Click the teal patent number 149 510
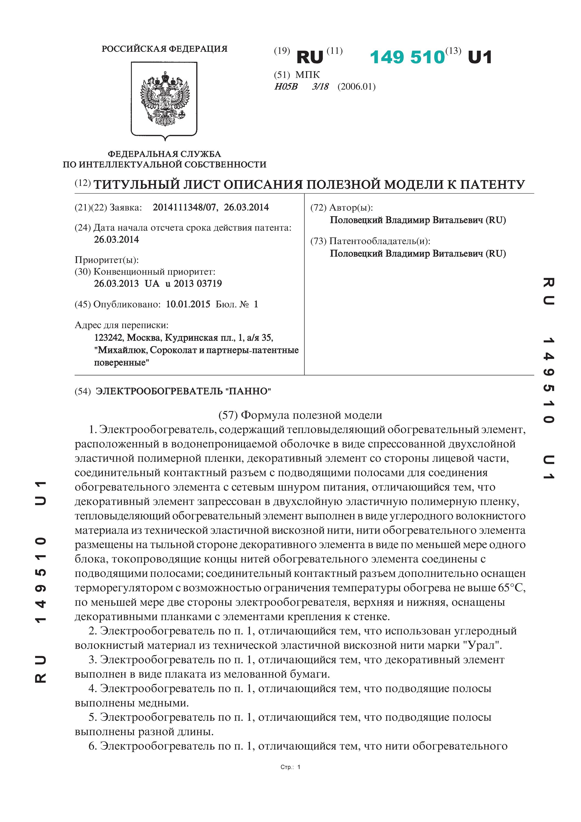(x=407, y=57)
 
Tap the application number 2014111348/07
(x=185, y=207)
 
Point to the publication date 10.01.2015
(x=188, y=304)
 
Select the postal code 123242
(x=109, y=338)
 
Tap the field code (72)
(x=318, y=208)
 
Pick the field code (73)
(x=318, y=241)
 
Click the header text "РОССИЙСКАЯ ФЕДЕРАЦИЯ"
(x=165, y=49)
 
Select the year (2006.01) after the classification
(x=356, y=87)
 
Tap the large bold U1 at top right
(x=480, y=57)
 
